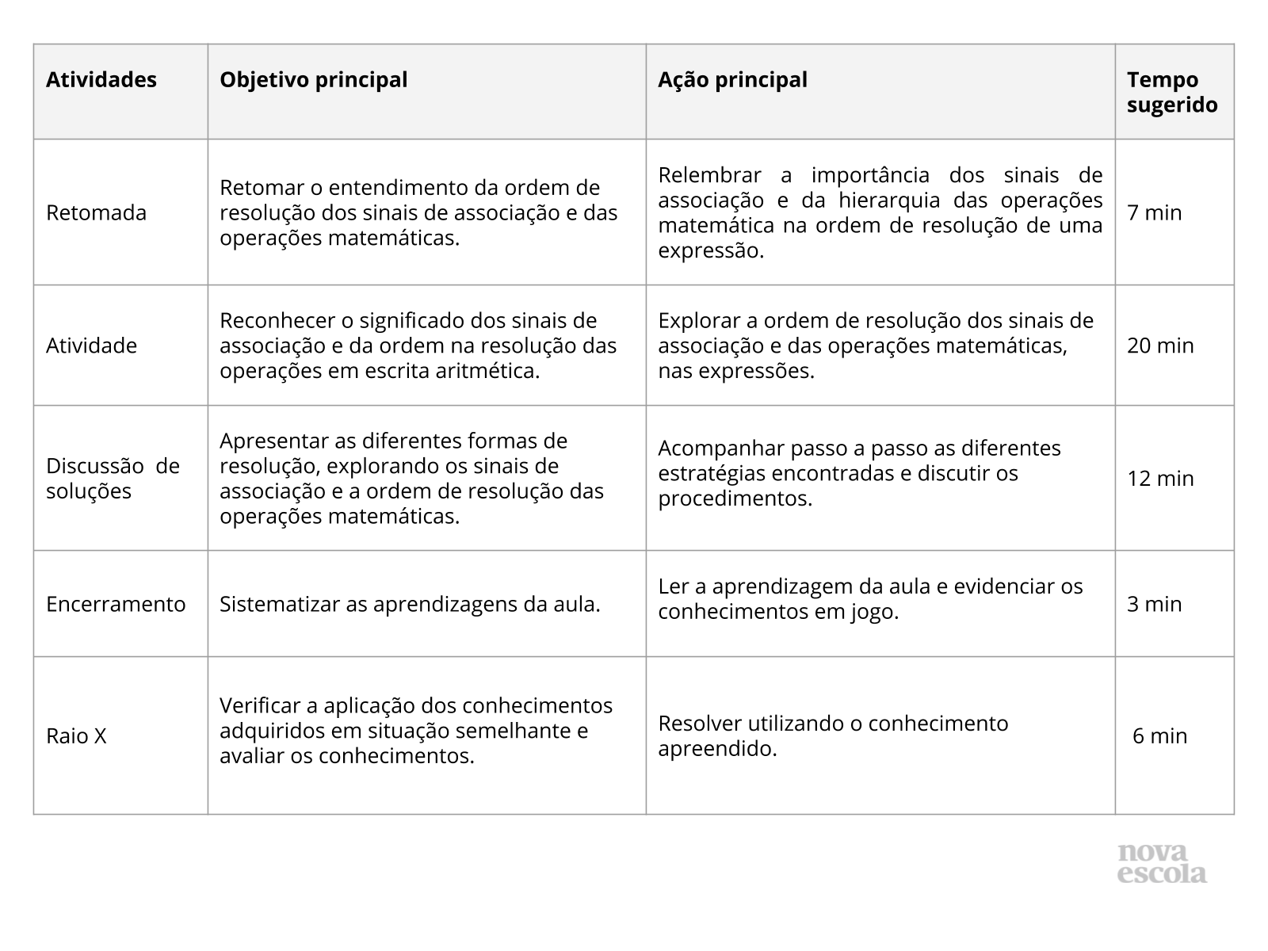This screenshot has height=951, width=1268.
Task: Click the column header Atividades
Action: [x=101, y=80]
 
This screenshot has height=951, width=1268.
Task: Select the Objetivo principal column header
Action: [x=313, y=80]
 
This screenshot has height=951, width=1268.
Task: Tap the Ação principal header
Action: [x=732, y=80]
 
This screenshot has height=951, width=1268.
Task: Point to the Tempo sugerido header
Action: [x=1172, y=93]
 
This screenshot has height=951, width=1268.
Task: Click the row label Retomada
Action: [x=97, y=212]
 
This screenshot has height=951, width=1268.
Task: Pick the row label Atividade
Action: [x=92, y=346]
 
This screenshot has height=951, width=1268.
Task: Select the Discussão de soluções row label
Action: [x=113, y=478]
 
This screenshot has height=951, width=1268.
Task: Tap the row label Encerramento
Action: [x=116, y=604]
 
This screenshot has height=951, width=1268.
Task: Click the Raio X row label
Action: [x=76, y=736]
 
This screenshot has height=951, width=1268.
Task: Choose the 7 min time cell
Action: [x=1154, y=212]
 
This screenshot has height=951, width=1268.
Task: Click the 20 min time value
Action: [x=1160, y=346]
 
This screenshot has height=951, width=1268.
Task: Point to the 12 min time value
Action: [x=1160, y=478]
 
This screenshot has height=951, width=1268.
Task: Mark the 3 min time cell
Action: [x=1154, y=604]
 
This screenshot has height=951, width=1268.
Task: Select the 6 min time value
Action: [x=1159, y=736]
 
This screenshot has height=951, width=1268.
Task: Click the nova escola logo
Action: [x=1162, y=864]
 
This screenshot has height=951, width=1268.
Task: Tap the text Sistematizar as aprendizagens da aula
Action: [x=410, y=604]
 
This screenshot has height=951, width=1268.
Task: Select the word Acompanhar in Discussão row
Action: [x=715, y=449]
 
